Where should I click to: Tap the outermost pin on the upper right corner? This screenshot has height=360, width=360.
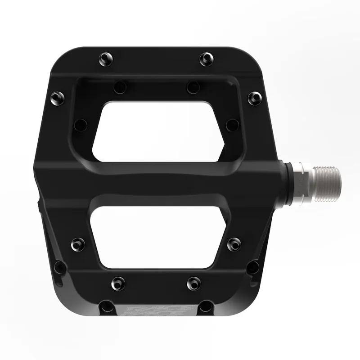point(255,98)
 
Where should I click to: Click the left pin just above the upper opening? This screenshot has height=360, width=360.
point(120,86)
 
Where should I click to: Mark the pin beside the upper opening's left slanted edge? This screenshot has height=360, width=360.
point(81,124)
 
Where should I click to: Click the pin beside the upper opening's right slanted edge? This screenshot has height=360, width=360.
point(232,124)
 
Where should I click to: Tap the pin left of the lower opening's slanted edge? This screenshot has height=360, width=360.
point(78,243)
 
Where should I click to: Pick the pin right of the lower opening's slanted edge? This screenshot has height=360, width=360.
point(234,243)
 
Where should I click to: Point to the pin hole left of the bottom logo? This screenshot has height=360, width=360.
point(107,306)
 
